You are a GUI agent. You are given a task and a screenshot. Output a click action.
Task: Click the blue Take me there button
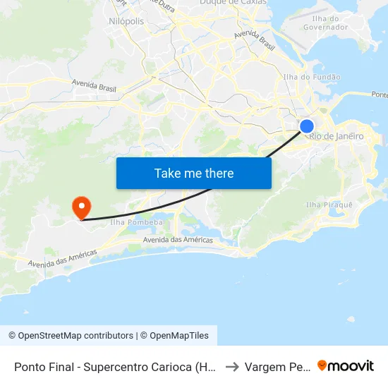click(x=194, y=173)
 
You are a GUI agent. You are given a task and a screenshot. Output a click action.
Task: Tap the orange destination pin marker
click(x=82, y=207)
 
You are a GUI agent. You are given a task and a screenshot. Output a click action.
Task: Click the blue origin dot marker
click(x=307, y=126)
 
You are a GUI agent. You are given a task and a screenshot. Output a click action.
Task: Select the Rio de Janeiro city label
click(x=337, y=136)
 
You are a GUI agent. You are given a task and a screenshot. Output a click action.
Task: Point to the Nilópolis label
click(x=127, y=22)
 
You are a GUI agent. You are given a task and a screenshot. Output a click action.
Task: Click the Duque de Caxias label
click(x=233, y=3)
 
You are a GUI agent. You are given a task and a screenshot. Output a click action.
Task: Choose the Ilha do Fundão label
click(x=311, y=77)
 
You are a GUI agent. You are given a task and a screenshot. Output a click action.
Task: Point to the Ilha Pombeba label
click(x=137, y=222)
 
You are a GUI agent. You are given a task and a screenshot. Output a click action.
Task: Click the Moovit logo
click(x=346, y=365)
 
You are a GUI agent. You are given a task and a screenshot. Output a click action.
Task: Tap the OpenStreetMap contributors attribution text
click(x=71, y=336)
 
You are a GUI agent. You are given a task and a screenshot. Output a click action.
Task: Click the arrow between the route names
click(x=231, y=367)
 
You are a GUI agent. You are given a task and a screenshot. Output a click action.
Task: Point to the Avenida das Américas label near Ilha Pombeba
click(x=178, y=241)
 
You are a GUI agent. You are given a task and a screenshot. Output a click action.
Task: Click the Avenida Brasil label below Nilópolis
click(x=94, y=86)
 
